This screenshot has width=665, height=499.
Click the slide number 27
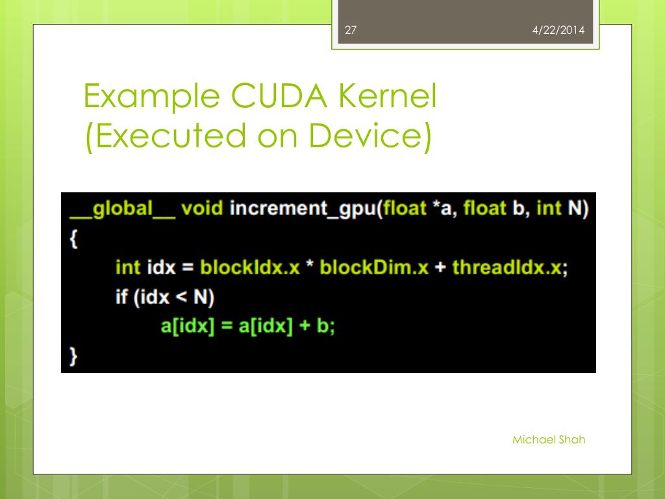[x=351, y=30]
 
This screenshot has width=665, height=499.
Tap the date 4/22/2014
[x=558, y=30]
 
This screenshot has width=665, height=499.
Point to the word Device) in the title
[x=370, y=136]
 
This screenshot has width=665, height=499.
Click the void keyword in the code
[x=202, y=209]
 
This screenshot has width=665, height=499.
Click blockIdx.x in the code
[x=250, y=268]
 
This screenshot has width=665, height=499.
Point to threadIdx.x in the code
[x=506, y=268]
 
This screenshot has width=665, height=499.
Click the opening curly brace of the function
[x=73, y=238]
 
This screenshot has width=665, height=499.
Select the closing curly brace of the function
[x=73, y=355]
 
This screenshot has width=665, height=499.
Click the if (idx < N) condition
[x=165, y=297]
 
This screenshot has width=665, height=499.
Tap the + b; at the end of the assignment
[x=317, y=326]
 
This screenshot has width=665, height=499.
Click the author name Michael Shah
[x=549, y=440]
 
